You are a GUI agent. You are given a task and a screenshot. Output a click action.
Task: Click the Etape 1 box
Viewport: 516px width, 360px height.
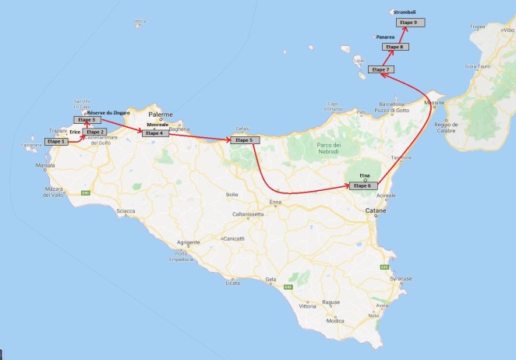[55, 142]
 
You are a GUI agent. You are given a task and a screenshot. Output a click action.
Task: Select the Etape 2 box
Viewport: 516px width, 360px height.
[96, 132]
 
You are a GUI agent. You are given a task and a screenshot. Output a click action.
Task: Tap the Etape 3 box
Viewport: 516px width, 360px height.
[87, 119]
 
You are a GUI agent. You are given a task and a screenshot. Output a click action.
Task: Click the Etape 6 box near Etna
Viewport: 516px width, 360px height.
[363, 185]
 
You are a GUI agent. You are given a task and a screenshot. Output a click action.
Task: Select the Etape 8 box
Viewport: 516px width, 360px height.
[395, 48]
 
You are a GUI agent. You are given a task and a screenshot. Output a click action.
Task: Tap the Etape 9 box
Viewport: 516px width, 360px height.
[409, 23]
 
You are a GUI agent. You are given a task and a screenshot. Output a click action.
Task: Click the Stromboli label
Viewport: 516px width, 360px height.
[405, 12]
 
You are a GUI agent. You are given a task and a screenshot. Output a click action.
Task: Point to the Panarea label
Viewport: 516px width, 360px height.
[385, 37]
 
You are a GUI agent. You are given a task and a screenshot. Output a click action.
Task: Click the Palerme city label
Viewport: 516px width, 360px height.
[160, 115]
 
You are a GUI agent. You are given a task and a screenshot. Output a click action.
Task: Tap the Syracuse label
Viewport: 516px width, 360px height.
[401, 278]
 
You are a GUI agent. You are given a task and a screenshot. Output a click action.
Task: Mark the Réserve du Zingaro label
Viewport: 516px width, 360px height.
[108, 112]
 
